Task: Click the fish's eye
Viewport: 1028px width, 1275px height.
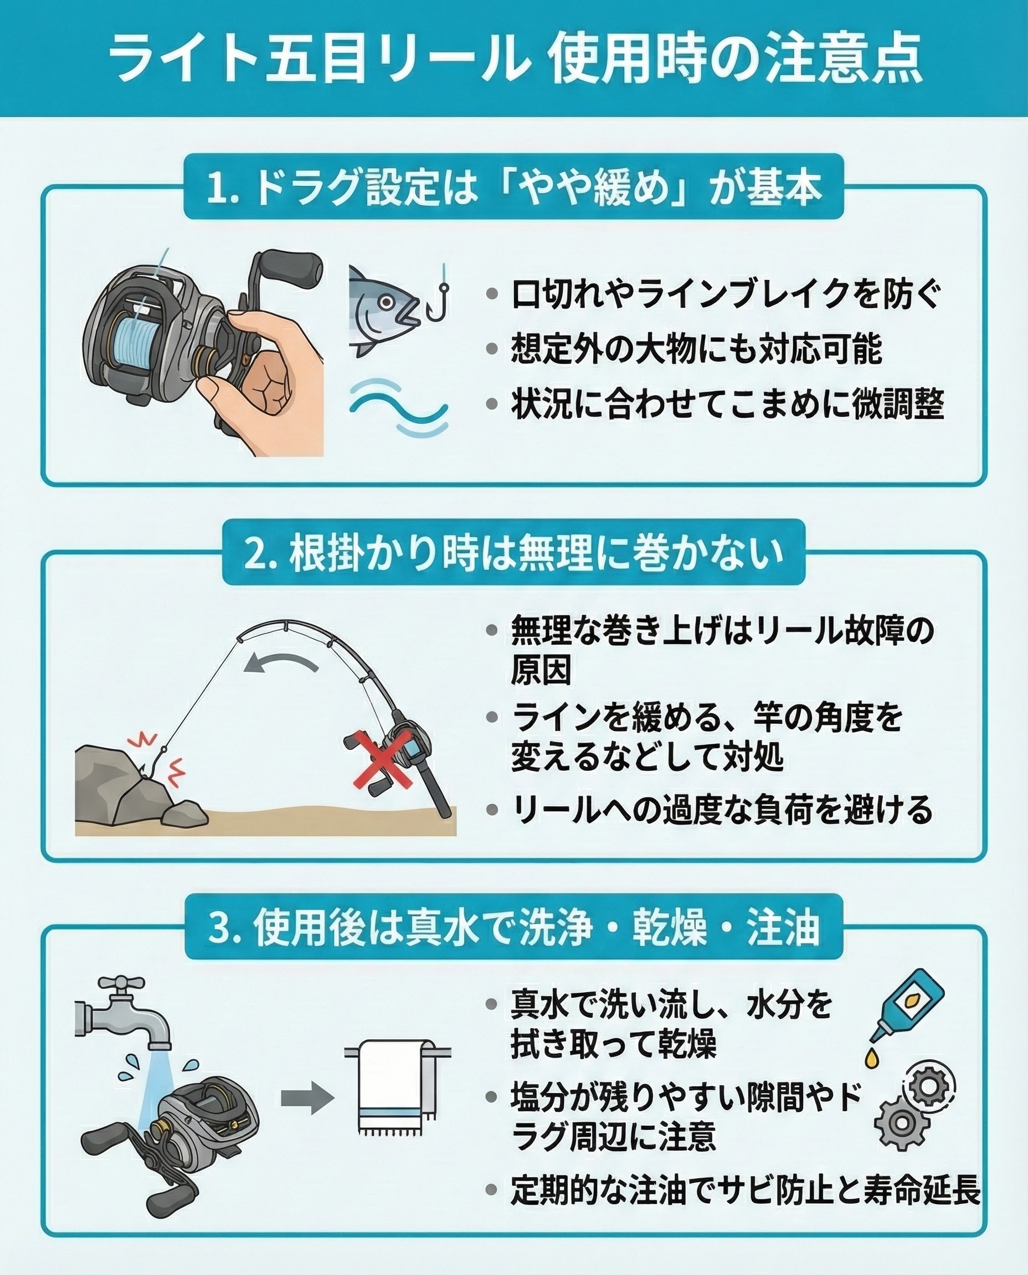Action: pos(387,302)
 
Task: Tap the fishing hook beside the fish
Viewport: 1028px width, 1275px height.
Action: pos(439,296)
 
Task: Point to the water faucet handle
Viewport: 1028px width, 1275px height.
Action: pos(121,983)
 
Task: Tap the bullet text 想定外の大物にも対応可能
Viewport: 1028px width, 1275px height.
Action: pos(696,350)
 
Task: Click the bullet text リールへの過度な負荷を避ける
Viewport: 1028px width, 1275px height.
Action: pos(722,810)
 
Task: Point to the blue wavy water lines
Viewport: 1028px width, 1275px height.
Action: pos(398,407)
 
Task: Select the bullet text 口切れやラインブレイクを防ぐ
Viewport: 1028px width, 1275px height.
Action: pos(726,294)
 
